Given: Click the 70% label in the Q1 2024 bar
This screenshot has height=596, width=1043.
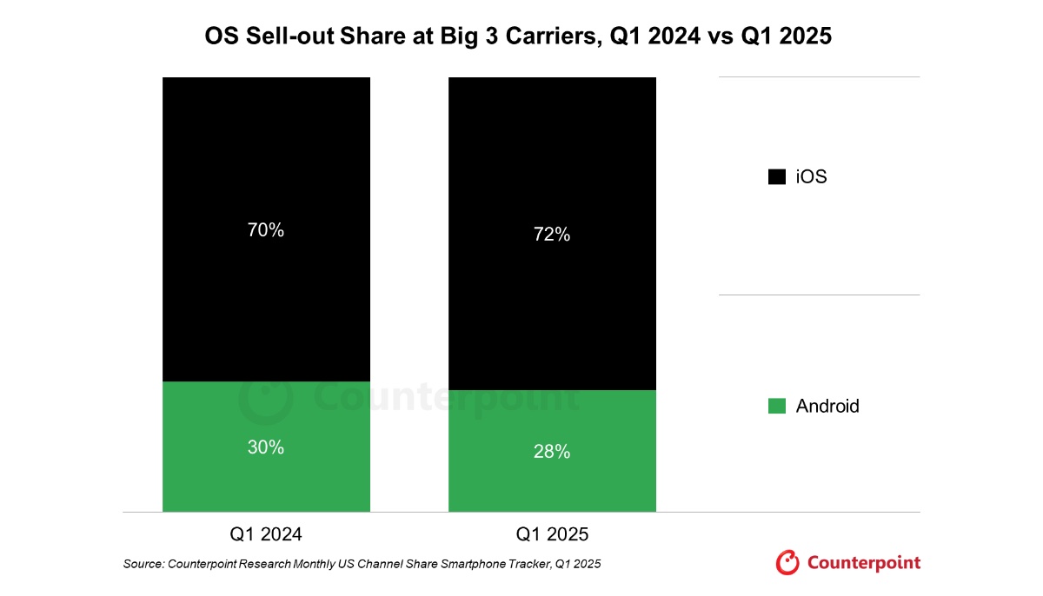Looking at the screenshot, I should pyautogui.click(x=265, y=230).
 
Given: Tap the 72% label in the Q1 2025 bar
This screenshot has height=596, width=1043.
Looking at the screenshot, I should pyautogui.click(x=552, y=235).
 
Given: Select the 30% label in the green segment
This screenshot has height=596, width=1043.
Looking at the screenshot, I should pyautogui.click(x=265, y=447).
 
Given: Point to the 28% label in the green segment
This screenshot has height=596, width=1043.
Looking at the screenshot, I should pyautogui.click(x=552, y=452).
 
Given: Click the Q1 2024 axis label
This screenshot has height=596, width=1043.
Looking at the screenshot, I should pyautogui.click(x=266, y=534).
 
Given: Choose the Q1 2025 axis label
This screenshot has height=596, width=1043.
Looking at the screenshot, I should pyautogui.click(x=552, y=534).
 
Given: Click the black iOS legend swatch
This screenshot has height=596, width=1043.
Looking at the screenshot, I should pyautogui.click(x=776, y=177).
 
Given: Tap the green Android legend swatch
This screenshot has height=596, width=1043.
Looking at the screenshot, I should pyautogui.click(x=776, y=406).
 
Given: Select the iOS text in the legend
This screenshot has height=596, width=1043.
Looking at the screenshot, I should pyautogui.click(x=811, y=177).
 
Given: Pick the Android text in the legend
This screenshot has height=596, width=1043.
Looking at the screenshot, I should pyautogui.click(x=827, y=406).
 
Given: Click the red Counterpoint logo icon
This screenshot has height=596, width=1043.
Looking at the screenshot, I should pyautogui.click(x=787, y=563).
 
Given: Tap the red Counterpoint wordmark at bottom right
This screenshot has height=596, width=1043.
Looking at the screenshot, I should pyautogui.click(x=863, y=563).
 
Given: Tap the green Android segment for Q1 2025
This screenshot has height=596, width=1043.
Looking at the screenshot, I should pyautogui.click(x=552, y=487).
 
